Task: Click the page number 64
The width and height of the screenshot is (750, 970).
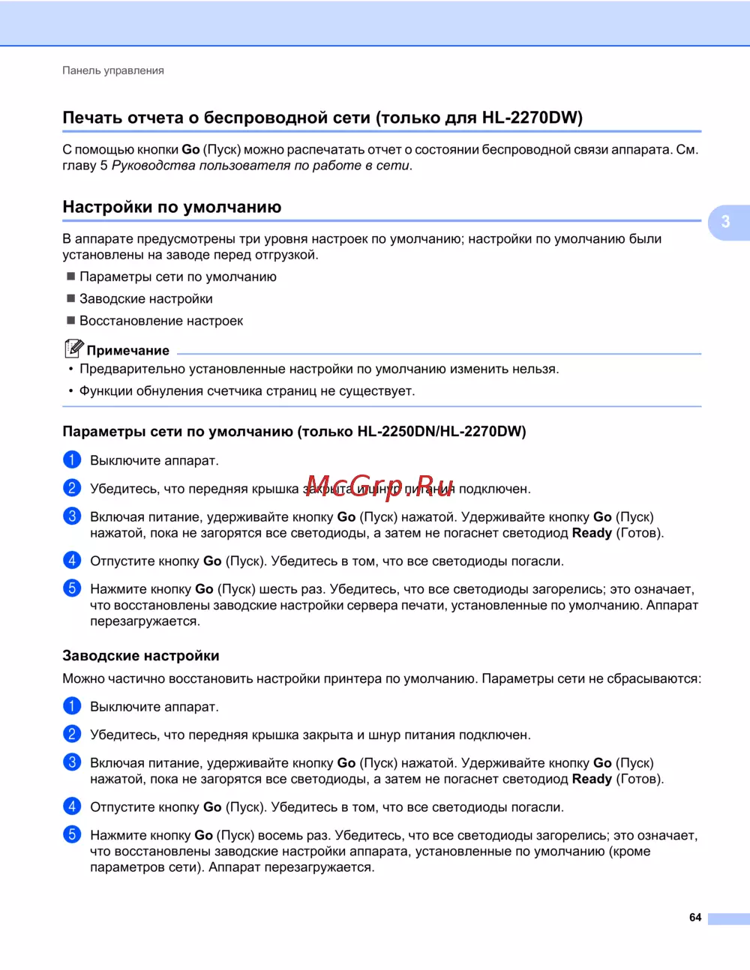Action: click(695, 918)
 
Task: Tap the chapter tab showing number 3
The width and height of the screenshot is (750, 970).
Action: click(726, 222)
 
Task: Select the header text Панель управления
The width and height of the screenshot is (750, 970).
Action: click(113, 70)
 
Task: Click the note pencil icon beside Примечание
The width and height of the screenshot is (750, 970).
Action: click(73, 349)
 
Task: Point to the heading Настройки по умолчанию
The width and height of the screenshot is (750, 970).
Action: click(172, 207)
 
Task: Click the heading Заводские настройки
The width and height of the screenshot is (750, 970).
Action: click(141, 656)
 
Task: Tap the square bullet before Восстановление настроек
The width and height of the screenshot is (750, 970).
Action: click(71, 321)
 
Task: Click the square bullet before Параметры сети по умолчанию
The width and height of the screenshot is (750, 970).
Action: click(71, 277)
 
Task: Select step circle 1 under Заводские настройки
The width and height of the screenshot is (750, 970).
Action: click(72, 706)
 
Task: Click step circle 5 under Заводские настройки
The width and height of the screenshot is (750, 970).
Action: click(72, 834)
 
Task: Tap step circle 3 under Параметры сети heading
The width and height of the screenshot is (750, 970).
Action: click(72, 516)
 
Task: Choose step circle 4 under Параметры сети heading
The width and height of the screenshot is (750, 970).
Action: click(72, 561)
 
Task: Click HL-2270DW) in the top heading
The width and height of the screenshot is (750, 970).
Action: click(532, 118)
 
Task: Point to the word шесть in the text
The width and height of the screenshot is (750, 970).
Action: click(278, 589)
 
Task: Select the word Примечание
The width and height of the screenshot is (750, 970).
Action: click(128, 351)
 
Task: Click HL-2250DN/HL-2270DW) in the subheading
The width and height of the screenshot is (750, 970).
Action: click(442, 432)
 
